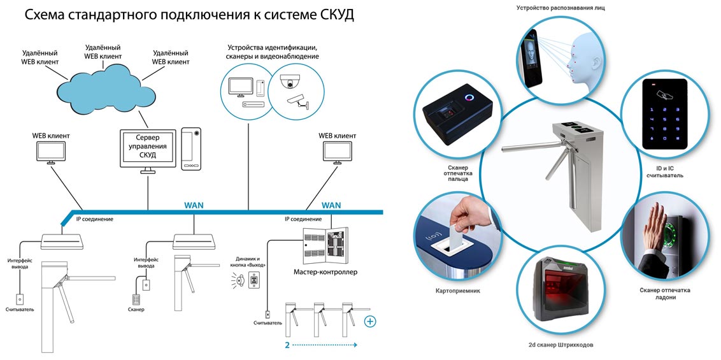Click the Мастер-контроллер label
325,272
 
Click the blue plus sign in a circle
370,321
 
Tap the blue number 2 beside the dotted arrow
287,345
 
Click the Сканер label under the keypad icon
136,310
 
